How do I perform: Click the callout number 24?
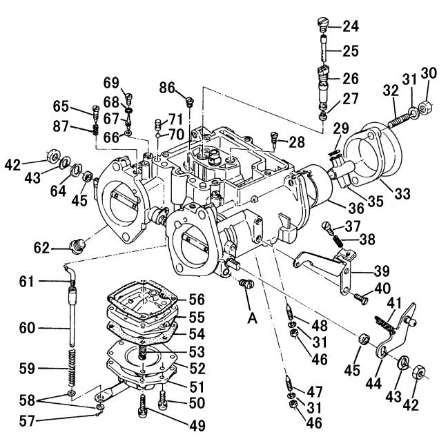pyautogui.click(x=351, y=28)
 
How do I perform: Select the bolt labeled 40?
pyautogui.click(x=359, y=298)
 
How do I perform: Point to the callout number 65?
pyautogui.click(x=62, y=106)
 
